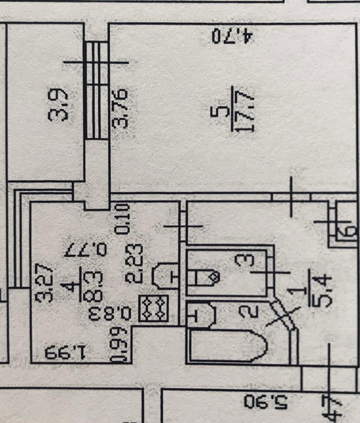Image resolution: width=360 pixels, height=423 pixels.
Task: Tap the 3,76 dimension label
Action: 121,108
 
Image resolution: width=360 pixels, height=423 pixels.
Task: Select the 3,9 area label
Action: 58,106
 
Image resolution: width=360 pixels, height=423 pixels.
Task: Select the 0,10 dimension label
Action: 123,219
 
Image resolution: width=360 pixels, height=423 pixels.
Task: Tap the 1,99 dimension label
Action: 66,352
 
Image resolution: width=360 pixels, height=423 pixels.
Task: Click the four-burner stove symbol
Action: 154,308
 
